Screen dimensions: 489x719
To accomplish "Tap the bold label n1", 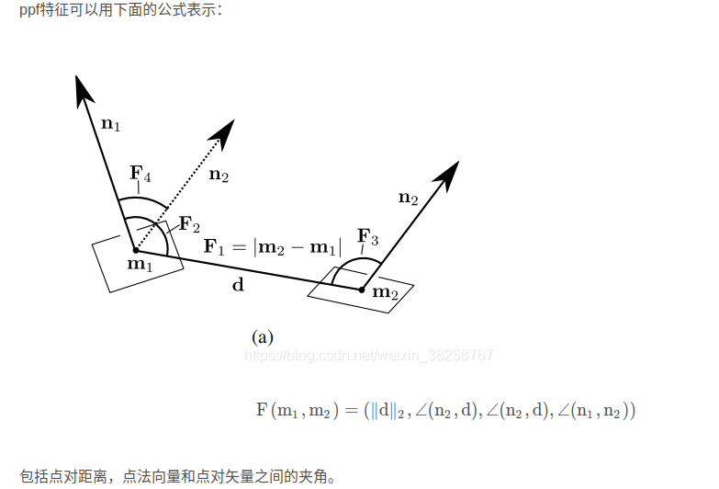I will pyautogui.click(x=110, y=124).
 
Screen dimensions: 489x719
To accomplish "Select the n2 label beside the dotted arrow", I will pyautogui.click(x=219, y=174).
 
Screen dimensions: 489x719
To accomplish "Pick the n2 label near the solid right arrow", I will pyautogui.click(x=408, y=197).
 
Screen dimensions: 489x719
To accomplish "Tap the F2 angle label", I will pyautogui.click(x=189, y=223).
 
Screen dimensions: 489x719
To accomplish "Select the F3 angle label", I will pyautogui.click(x=368, y=236).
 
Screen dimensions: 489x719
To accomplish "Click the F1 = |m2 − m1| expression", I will pyautogui.click(x=272, y=246).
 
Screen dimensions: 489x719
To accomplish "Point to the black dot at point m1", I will pyautogui.click(x=135, y=249).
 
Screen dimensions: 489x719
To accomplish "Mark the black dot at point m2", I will pyautogui.click(x=362, y=290).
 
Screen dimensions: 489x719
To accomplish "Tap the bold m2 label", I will pyautogui.click(x=386, y=292).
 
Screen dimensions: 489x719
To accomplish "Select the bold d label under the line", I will pyautogui.click(x=238, y=285).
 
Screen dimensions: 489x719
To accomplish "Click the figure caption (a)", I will pyautogui.click(x=263, y=337).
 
